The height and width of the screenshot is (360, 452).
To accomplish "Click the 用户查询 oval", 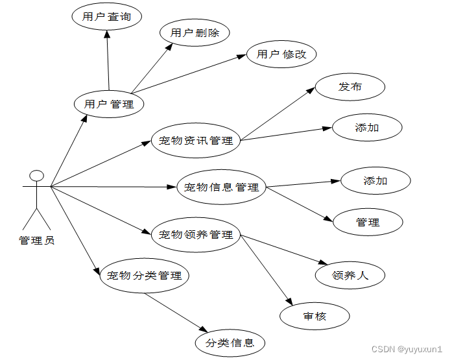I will [106, 18].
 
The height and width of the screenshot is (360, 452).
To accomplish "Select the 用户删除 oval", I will [195, 33].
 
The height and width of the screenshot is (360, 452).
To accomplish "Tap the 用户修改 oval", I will [281, 54].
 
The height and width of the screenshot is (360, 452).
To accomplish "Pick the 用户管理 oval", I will [109, 104].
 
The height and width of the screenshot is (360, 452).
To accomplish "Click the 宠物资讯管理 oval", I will [195, 140].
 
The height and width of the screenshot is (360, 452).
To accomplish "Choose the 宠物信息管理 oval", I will [221, 187].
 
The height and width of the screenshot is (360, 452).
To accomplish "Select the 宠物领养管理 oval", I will [196, 235].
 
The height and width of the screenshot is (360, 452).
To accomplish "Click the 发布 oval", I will [350, 87].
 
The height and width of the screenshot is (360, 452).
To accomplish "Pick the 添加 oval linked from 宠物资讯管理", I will [367, 128].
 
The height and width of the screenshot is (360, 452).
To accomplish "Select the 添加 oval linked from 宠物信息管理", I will [375, 181].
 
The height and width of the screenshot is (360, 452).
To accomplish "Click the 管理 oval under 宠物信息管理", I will [368, 222].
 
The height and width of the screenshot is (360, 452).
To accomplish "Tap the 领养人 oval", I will [350, 276].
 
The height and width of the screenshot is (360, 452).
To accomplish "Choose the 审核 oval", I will [315, 317].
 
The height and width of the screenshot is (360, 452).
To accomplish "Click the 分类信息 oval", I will [230, 343].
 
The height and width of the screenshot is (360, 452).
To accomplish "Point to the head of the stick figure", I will [37, 175].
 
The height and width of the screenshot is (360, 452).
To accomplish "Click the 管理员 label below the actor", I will [37, 241].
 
